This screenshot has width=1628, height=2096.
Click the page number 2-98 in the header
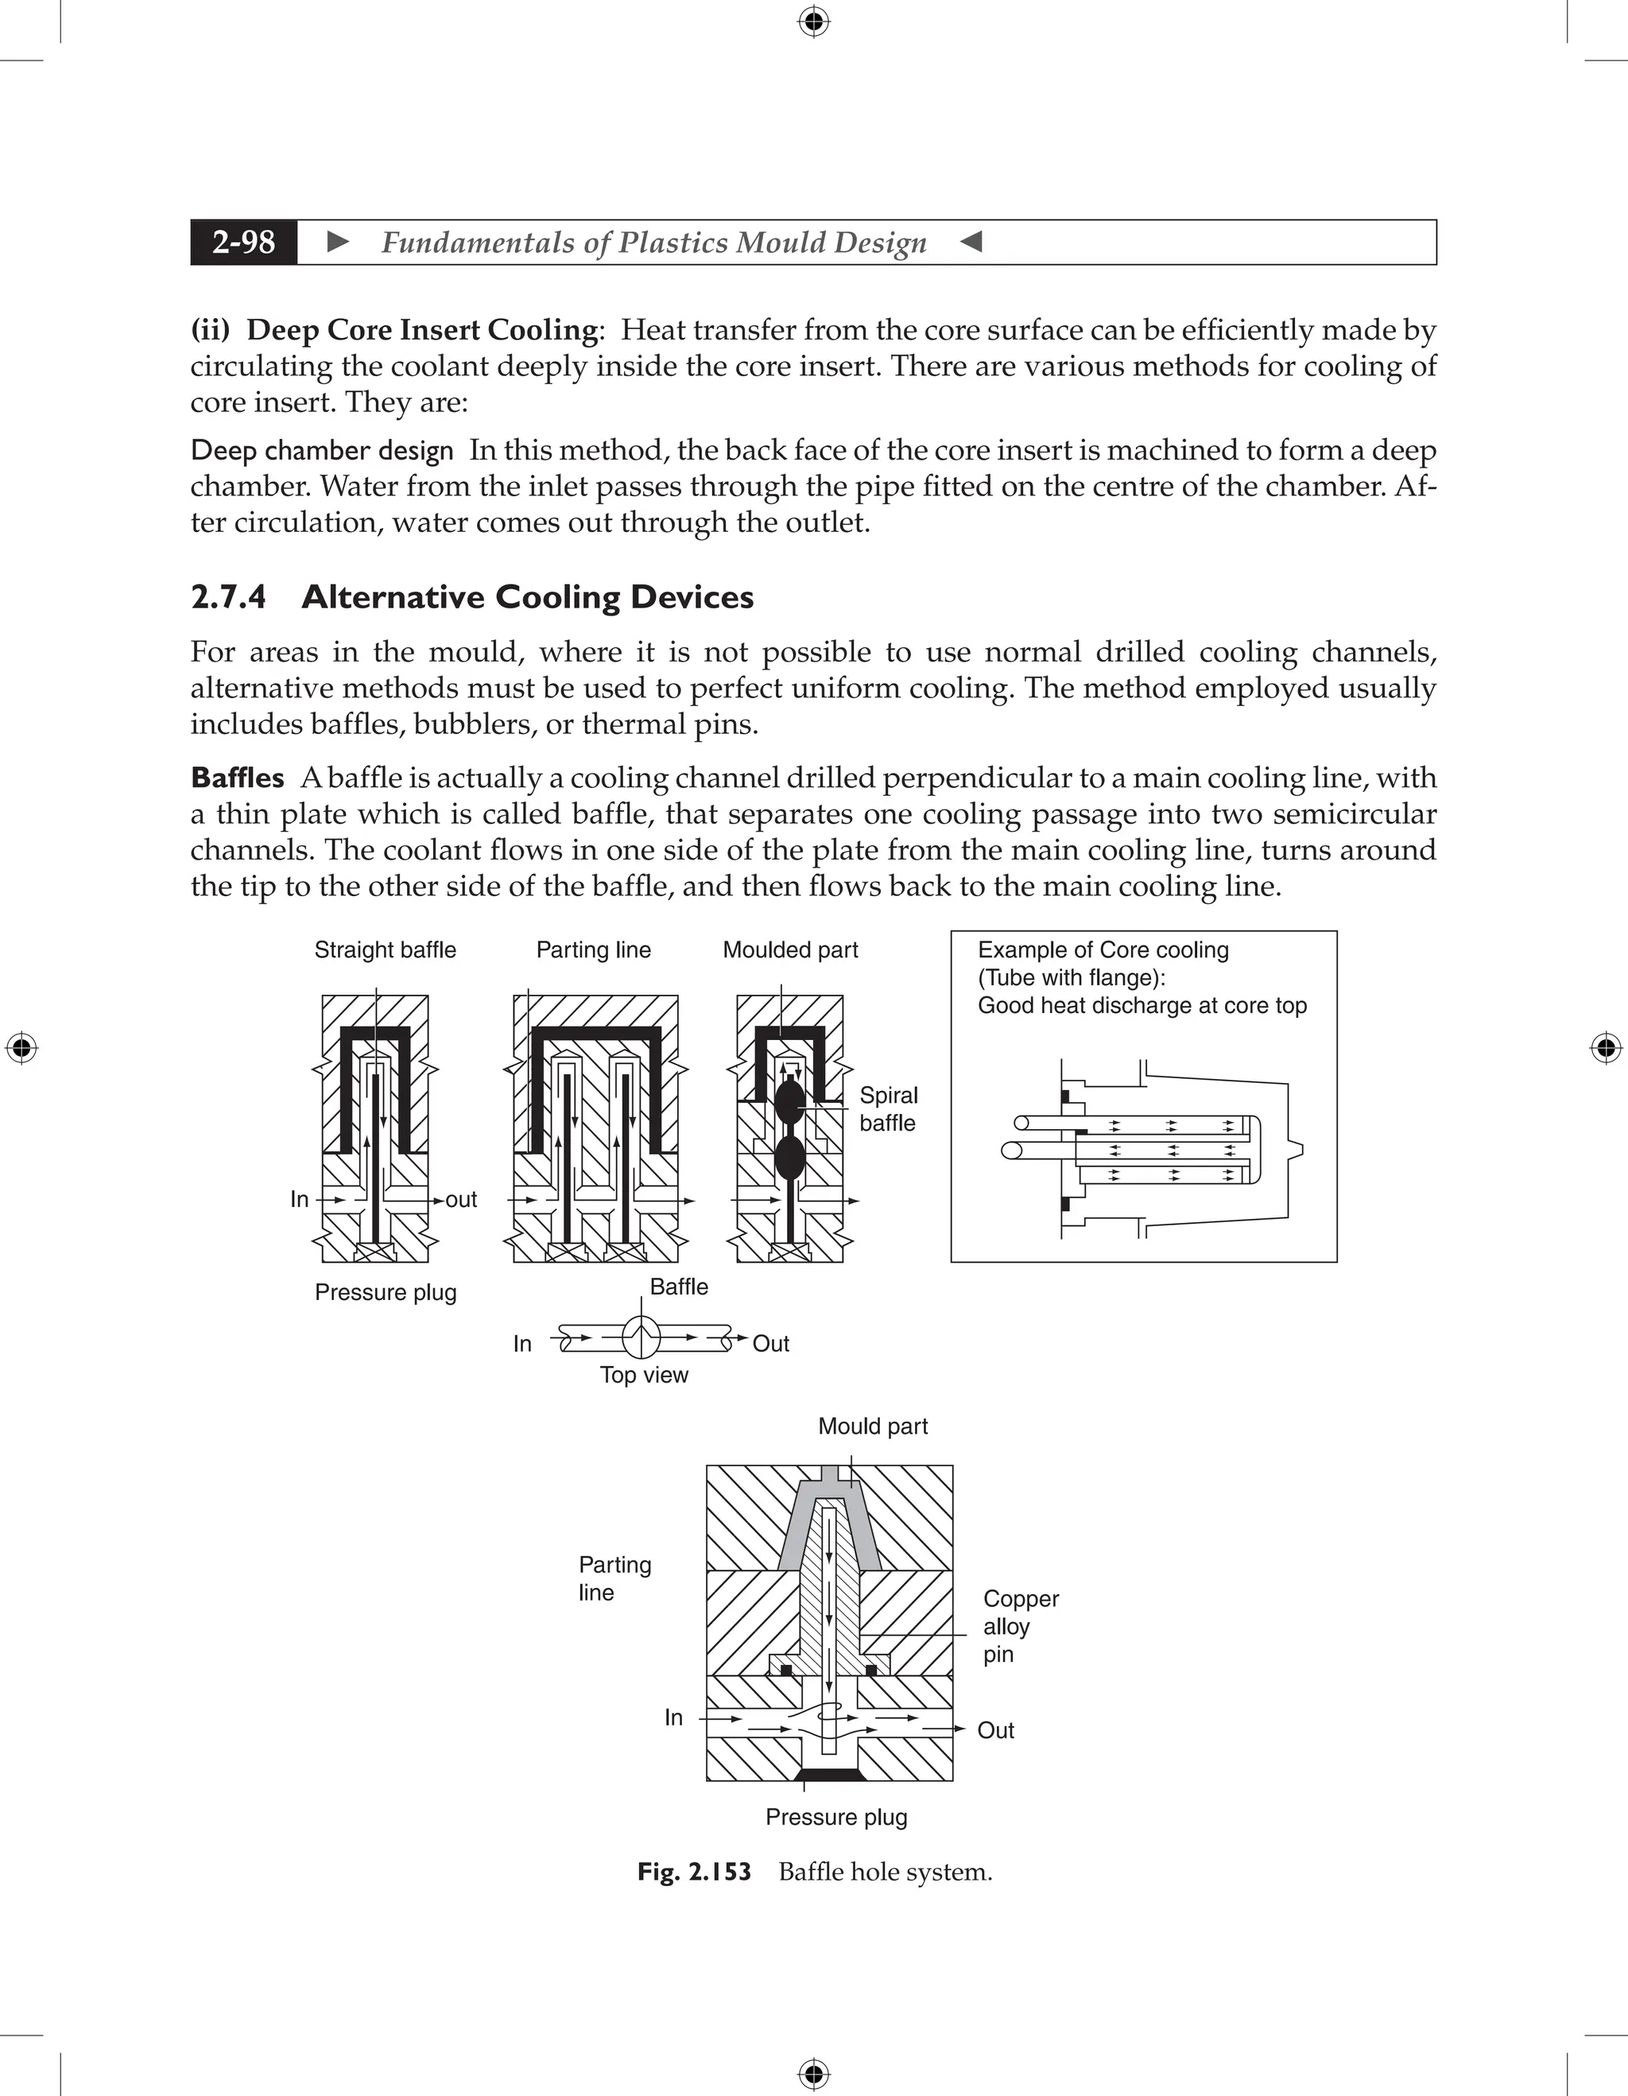click(x=244, y=242)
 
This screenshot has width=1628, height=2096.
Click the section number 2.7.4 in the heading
click(x=228, y=597)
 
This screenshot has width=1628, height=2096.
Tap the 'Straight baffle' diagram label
click(x=385, y=949)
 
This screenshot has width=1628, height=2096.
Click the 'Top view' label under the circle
click(x=644, y=1374)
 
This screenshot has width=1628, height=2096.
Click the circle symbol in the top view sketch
click(x=641, y=1336)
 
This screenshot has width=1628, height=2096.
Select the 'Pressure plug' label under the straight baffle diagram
click(x=385, y=1292)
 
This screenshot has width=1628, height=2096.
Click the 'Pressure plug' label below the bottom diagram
click(x=835, y=1817)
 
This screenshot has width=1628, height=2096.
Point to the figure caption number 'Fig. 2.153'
click(x=694, y=1872)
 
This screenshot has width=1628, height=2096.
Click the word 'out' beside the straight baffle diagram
click(x=461, y=1200)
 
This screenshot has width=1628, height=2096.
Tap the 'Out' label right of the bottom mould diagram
click(x=994, y=1729)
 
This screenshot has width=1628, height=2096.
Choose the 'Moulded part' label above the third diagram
click(x=789, y=949)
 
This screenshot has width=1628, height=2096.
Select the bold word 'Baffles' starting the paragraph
click(x=237, y=778)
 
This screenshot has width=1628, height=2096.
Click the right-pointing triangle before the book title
click(x=338, y=242)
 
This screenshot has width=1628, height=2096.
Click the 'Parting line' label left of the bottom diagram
click(x=614, y=1578)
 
